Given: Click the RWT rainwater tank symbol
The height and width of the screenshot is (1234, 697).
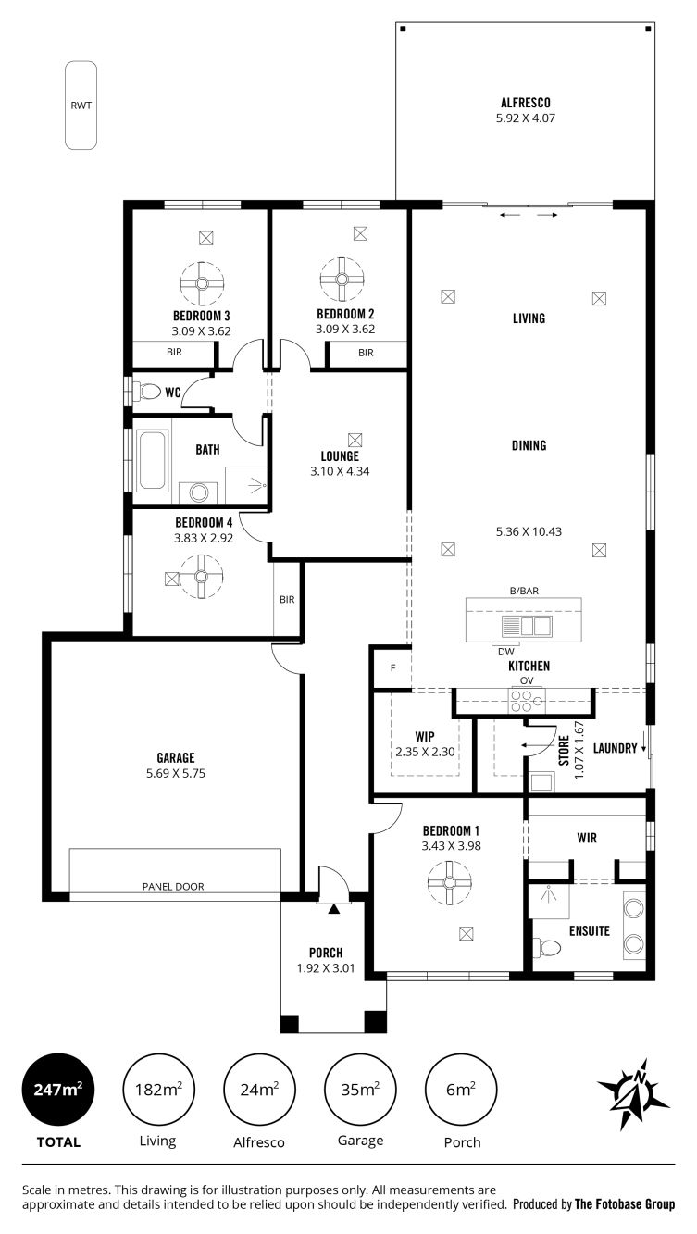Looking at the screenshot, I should point(81,106).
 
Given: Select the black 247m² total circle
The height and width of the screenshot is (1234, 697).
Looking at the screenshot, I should point(57,1090).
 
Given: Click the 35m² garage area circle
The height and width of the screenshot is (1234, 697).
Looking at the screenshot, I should point(360,1090).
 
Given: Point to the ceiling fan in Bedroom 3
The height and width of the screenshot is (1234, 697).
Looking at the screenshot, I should point(201,280).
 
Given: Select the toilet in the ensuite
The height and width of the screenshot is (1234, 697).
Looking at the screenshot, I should point(545,948).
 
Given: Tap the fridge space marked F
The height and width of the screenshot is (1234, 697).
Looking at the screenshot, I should point(392,668).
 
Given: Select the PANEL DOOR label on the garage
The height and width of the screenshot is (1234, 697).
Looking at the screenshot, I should point(173,886).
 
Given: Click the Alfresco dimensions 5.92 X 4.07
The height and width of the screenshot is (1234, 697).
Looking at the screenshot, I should point(525,118).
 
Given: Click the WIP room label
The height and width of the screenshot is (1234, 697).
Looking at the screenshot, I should point(425,737).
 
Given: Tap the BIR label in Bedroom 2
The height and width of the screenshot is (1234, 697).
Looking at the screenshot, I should point(366,353).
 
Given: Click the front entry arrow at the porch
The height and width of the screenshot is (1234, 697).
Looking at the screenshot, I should point(333,908).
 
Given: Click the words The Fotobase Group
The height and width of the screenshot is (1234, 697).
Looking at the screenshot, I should point(625,1204).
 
